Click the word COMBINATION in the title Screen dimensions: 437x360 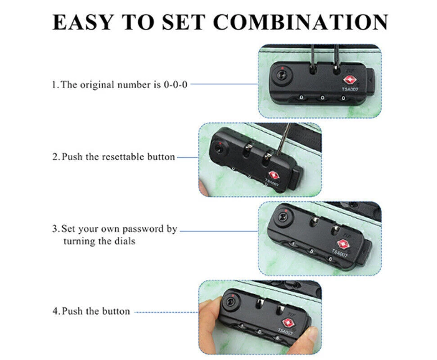(x=301, y=22)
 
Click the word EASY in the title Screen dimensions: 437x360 (x=83, y=22)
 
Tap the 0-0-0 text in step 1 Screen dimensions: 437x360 (x=176, y=85)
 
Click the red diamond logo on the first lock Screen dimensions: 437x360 (x=350, y=80)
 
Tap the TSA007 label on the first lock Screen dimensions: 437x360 (x=350, y=89)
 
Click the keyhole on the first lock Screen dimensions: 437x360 (x=281, y=75)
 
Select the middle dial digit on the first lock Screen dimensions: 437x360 (x=322, y=98)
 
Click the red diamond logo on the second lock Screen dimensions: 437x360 (x=274, y=175)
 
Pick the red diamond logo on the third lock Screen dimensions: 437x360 (x=343, y=245)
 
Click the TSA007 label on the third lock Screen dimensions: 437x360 (x=340, y=253)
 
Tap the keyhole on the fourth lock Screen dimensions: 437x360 (x=231, y=302)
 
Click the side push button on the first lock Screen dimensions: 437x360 (x=370, y=82)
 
